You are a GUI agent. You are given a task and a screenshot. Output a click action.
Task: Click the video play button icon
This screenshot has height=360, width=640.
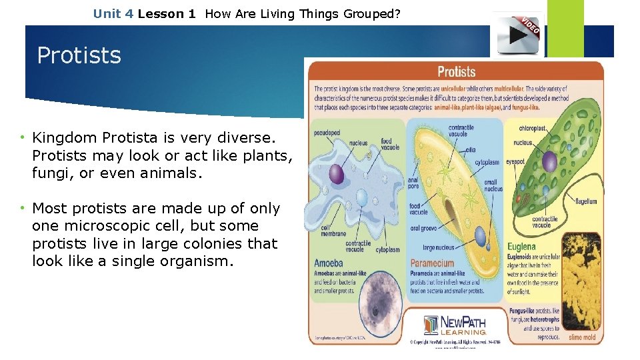[518, 35]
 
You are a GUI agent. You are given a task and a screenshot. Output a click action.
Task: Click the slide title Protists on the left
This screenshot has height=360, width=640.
[79, 55]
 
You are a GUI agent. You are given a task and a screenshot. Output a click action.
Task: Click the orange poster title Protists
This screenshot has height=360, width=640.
[456, 72]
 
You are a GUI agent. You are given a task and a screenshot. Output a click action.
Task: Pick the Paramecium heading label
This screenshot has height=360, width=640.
[432, 263]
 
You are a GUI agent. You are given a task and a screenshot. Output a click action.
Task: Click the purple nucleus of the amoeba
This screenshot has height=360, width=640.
[337, 174]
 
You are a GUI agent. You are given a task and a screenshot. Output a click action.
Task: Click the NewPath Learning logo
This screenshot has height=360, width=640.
[455, 325]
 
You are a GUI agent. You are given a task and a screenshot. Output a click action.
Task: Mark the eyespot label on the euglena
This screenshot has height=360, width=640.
[516, 162]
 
